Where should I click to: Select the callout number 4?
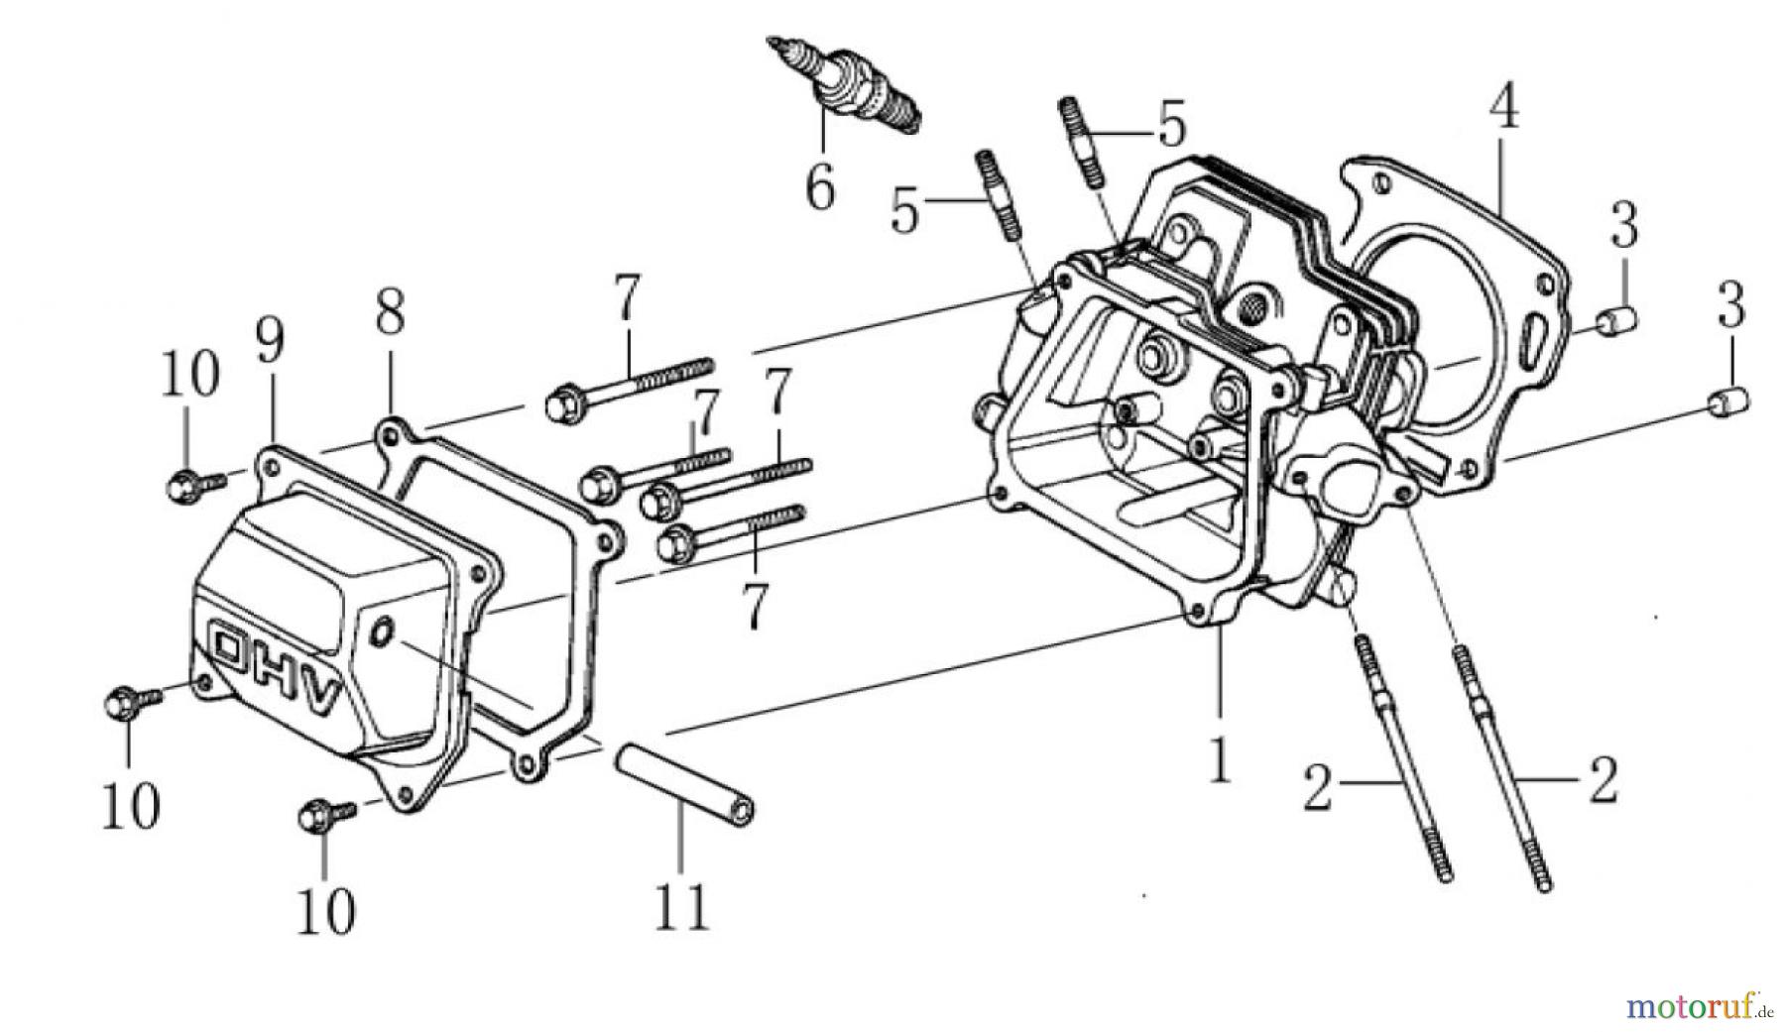pyautogui.click(x=1503, y=110)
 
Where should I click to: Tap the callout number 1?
pyautogui.click(x=1218, y=757)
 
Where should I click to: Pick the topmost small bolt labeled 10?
pyautogui.click(x=189, y=485)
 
